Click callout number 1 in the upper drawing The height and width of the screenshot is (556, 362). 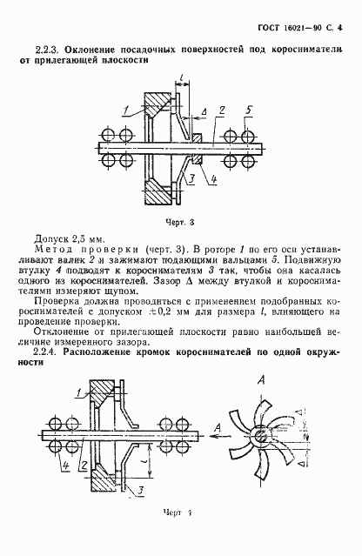[x=125, y=108]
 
